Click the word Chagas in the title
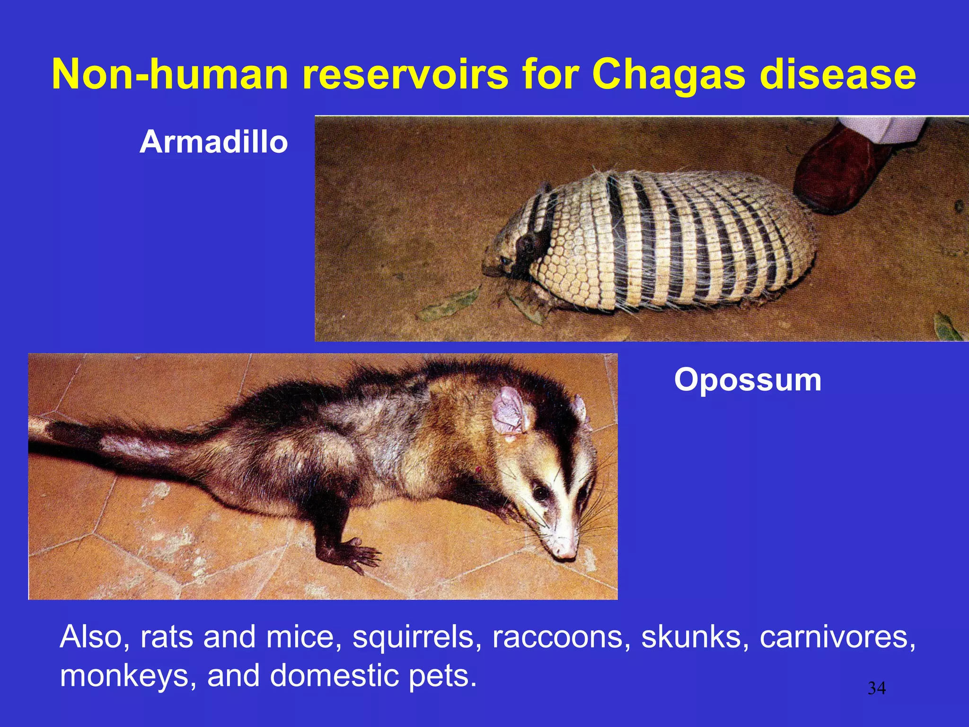point(669,75)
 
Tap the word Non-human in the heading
point(169,75)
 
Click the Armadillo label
point(213,142)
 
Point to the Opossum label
point(747,380)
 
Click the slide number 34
point(876,688)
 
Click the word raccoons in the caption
point(561,637)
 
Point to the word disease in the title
point(837,75)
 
